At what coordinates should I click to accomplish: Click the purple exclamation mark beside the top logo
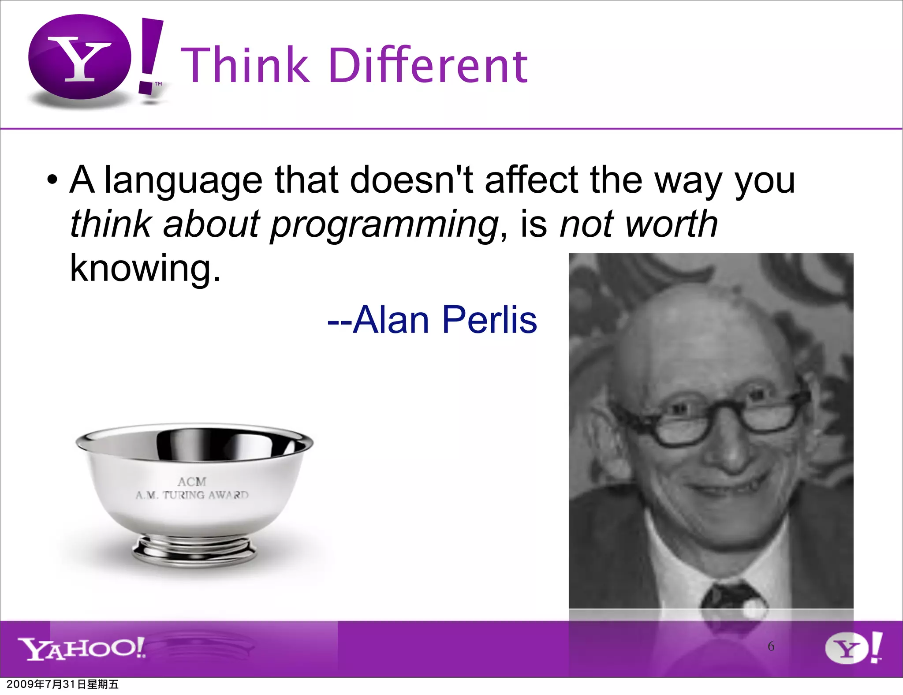[150, 55]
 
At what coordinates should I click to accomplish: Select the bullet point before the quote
[52, 181]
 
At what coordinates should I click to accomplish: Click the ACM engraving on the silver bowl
[192, 482]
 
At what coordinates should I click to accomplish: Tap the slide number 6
[771, 646]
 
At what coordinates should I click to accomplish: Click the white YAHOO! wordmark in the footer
[82, 648]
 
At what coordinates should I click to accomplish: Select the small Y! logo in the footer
[853, 648]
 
